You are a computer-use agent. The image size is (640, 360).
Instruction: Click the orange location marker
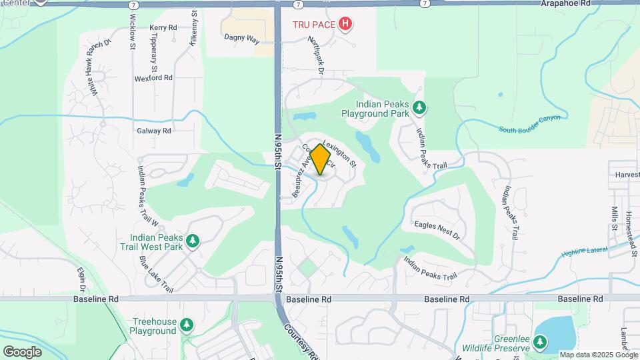tap(321, 160)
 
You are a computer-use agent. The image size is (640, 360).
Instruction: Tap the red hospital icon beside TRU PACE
tap(345, 25)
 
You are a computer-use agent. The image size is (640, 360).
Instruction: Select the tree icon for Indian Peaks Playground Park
tap(419, 107)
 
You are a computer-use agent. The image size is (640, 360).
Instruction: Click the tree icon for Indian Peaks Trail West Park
tap(193, 241)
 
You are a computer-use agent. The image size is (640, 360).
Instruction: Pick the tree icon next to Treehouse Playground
tap(188, 325)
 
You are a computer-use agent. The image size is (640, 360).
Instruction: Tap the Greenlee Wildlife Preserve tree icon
tap(539, 343)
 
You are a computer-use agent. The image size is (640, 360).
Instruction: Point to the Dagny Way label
tap(241, 39)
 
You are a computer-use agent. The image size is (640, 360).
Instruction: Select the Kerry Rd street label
tap(163, 28)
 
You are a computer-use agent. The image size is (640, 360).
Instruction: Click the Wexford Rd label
tap(153, 77)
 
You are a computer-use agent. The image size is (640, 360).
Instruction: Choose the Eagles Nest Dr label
tap(437, 231)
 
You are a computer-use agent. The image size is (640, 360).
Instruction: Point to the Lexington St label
tap(340, 153)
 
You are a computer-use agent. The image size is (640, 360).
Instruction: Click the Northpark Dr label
tap(315, 55)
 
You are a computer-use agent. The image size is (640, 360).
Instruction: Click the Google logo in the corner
tap(22, 351)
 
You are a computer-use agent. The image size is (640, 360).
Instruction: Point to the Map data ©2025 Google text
tap(597, 355)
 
